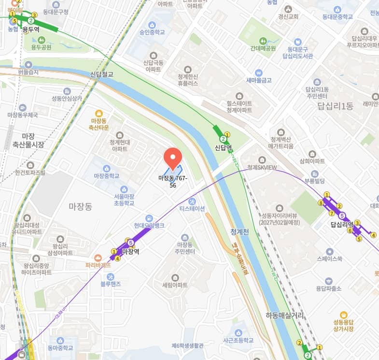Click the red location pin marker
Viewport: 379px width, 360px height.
(172, 158)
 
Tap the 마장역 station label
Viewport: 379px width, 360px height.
(130, 251)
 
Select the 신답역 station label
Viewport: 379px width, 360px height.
(224, 147)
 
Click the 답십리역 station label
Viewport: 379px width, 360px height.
(342, 224)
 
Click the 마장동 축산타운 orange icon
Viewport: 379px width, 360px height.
(99, 112)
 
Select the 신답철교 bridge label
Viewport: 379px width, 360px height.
(101, 74)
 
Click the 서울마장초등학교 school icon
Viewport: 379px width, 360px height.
(124, 189)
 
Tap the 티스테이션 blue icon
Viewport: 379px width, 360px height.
(192, 201)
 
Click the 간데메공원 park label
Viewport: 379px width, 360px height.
(263, 48)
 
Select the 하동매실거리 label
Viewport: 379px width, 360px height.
(284, 315)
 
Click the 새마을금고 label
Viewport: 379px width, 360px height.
(259, 80)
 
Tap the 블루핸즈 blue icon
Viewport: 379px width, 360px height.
(110, 276)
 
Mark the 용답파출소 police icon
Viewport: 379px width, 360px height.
(329, 281)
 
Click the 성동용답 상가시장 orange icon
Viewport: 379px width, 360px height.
(343, 315)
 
